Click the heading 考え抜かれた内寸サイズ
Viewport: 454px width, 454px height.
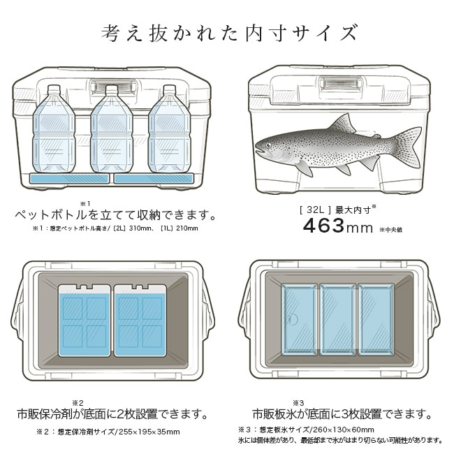(x=227, y=33)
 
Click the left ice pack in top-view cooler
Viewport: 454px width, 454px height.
(x=85, y=320)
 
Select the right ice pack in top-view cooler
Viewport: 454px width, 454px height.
(x=140, y=320)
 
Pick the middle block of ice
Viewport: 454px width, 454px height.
(x=337, y=319)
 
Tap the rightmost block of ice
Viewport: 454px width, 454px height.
(x=375, y=319)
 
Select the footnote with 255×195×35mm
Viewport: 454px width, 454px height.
(x=108, y=432)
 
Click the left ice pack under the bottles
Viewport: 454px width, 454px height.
(x=69, y=179)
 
